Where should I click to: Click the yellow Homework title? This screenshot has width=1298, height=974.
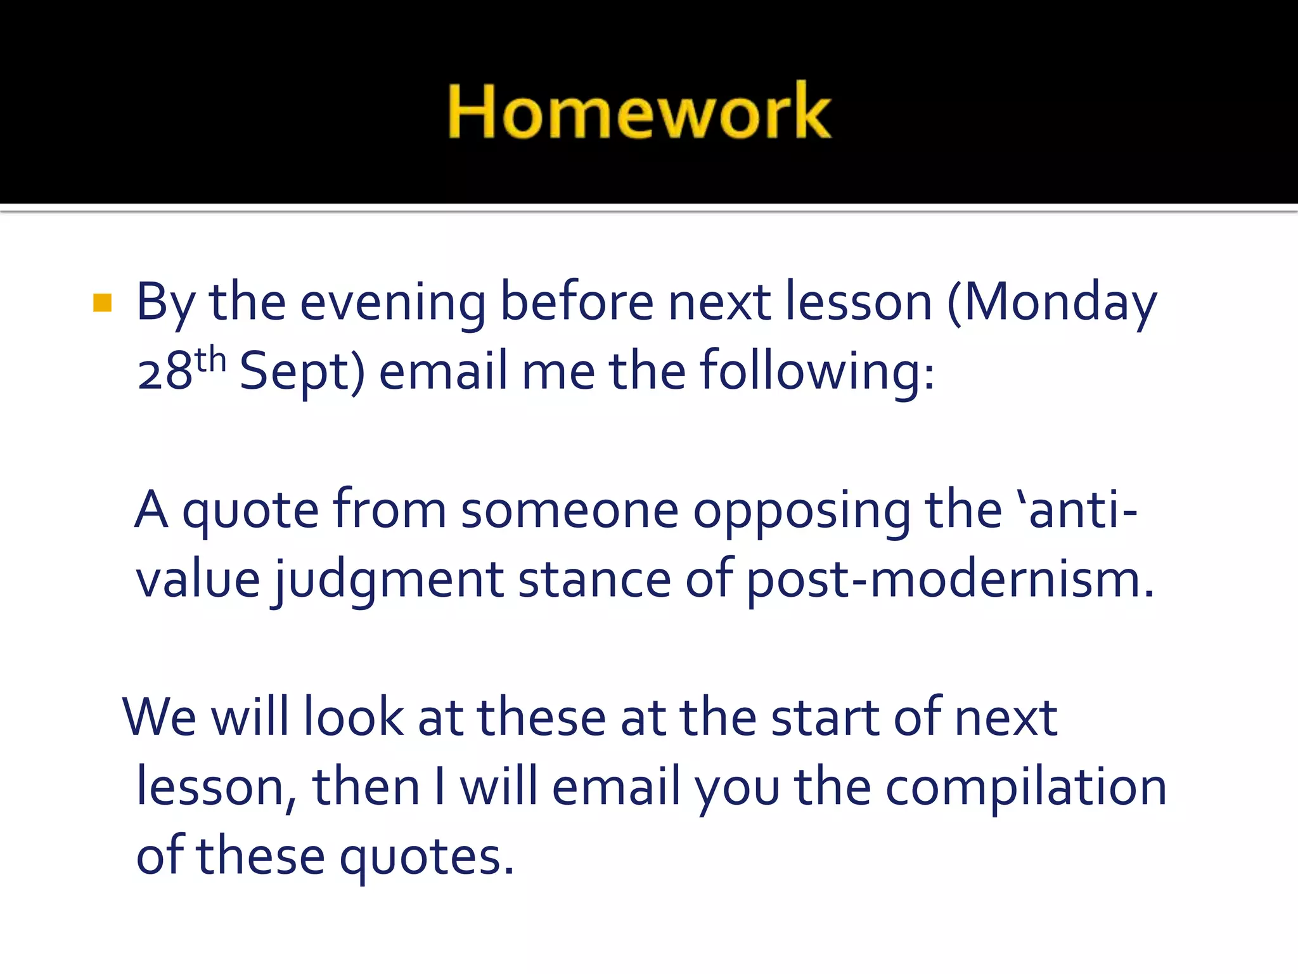(639, 111)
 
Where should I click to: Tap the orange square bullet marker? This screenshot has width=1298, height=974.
(102, 303)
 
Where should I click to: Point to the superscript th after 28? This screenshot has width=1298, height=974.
(210, 360)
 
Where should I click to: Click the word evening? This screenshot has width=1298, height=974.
(393, 303)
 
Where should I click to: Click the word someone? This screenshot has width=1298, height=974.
(569, 510)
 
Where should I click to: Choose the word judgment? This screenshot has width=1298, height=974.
(389, 581)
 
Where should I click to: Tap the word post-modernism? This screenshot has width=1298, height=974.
(949, 581)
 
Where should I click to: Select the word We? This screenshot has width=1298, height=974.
(159, 717)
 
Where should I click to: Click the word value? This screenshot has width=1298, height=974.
(198, 580)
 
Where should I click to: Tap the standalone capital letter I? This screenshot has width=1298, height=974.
(440, 787)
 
